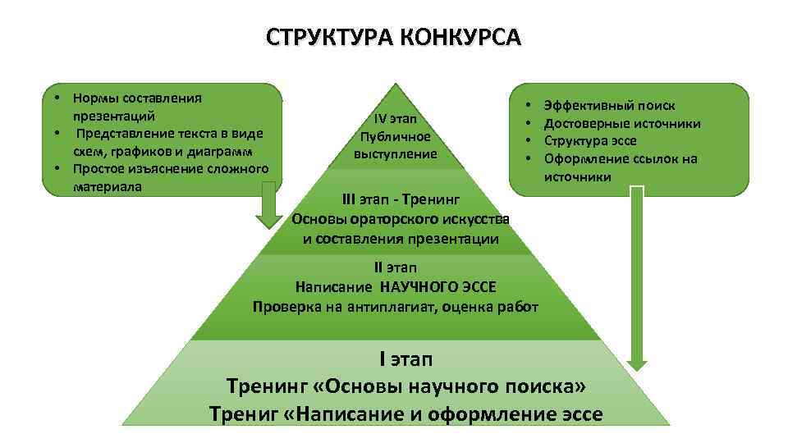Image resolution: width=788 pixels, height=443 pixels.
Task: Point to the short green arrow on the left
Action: pos(267,210)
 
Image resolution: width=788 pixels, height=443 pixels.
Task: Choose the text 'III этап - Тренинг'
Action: pos(401,199)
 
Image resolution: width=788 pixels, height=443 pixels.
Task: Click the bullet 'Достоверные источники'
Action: pos(622,123)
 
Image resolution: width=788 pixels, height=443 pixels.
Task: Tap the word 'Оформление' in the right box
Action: pos(584,159)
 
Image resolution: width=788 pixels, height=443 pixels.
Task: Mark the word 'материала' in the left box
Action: pos(107,187)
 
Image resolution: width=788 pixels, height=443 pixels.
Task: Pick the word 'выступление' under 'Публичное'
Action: pos(396,153)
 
